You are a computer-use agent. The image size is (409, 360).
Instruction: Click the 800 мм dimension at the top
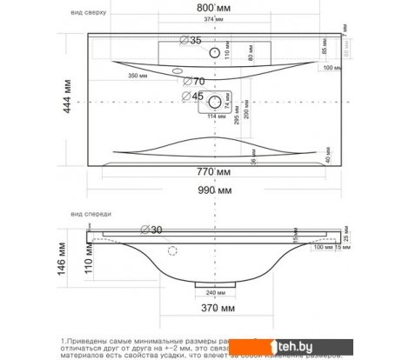click(x=212, y=8)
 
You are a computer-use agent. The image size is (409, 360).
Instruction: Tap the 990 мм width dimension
click(x=212, y=190)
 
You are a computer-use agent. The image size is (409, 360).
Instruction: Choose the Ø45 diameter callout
click(x=192, y=97)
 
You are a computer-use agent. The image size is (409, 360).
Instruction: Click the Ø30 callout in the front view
click(x=152, y=230)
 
